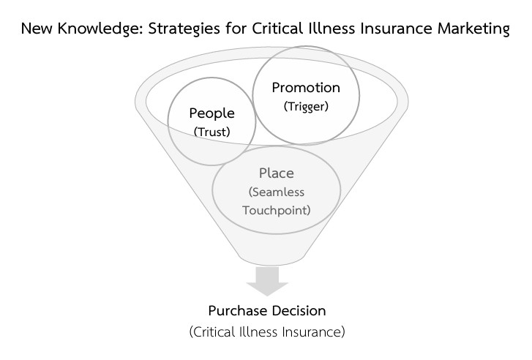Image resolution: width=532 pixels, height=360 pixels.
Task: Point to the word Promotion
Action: pyautogui.click(x=306, y=88)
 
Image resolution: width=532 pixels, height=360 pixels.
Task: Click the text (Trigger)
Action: pyautogui.click(x=306, y=106)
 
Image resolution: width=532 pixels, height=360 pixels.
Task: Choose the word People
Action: pyautogui.click(x=211, y=113)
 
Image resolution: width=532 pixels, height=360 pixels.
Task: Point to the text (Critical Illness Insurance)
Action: pyautogui.click(x=266, y=332)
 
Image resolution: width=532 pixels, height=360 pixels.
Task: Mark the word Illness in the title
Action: pyautogui.click(x=326, y=30)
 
